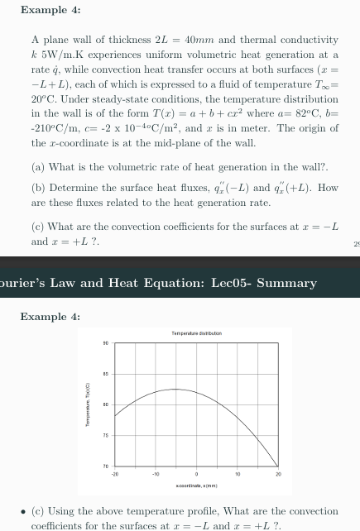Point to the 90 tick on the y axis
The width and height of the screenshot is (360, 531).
(x=106, y=342)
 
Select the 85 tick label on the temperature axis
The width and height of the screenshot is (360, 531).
(x=106, y=374)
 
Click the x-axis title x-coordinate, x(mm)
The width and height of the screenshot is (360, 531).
(x=196, y=481)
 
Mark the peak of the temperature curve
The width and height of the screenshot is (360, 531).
(x=175, y=389)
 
